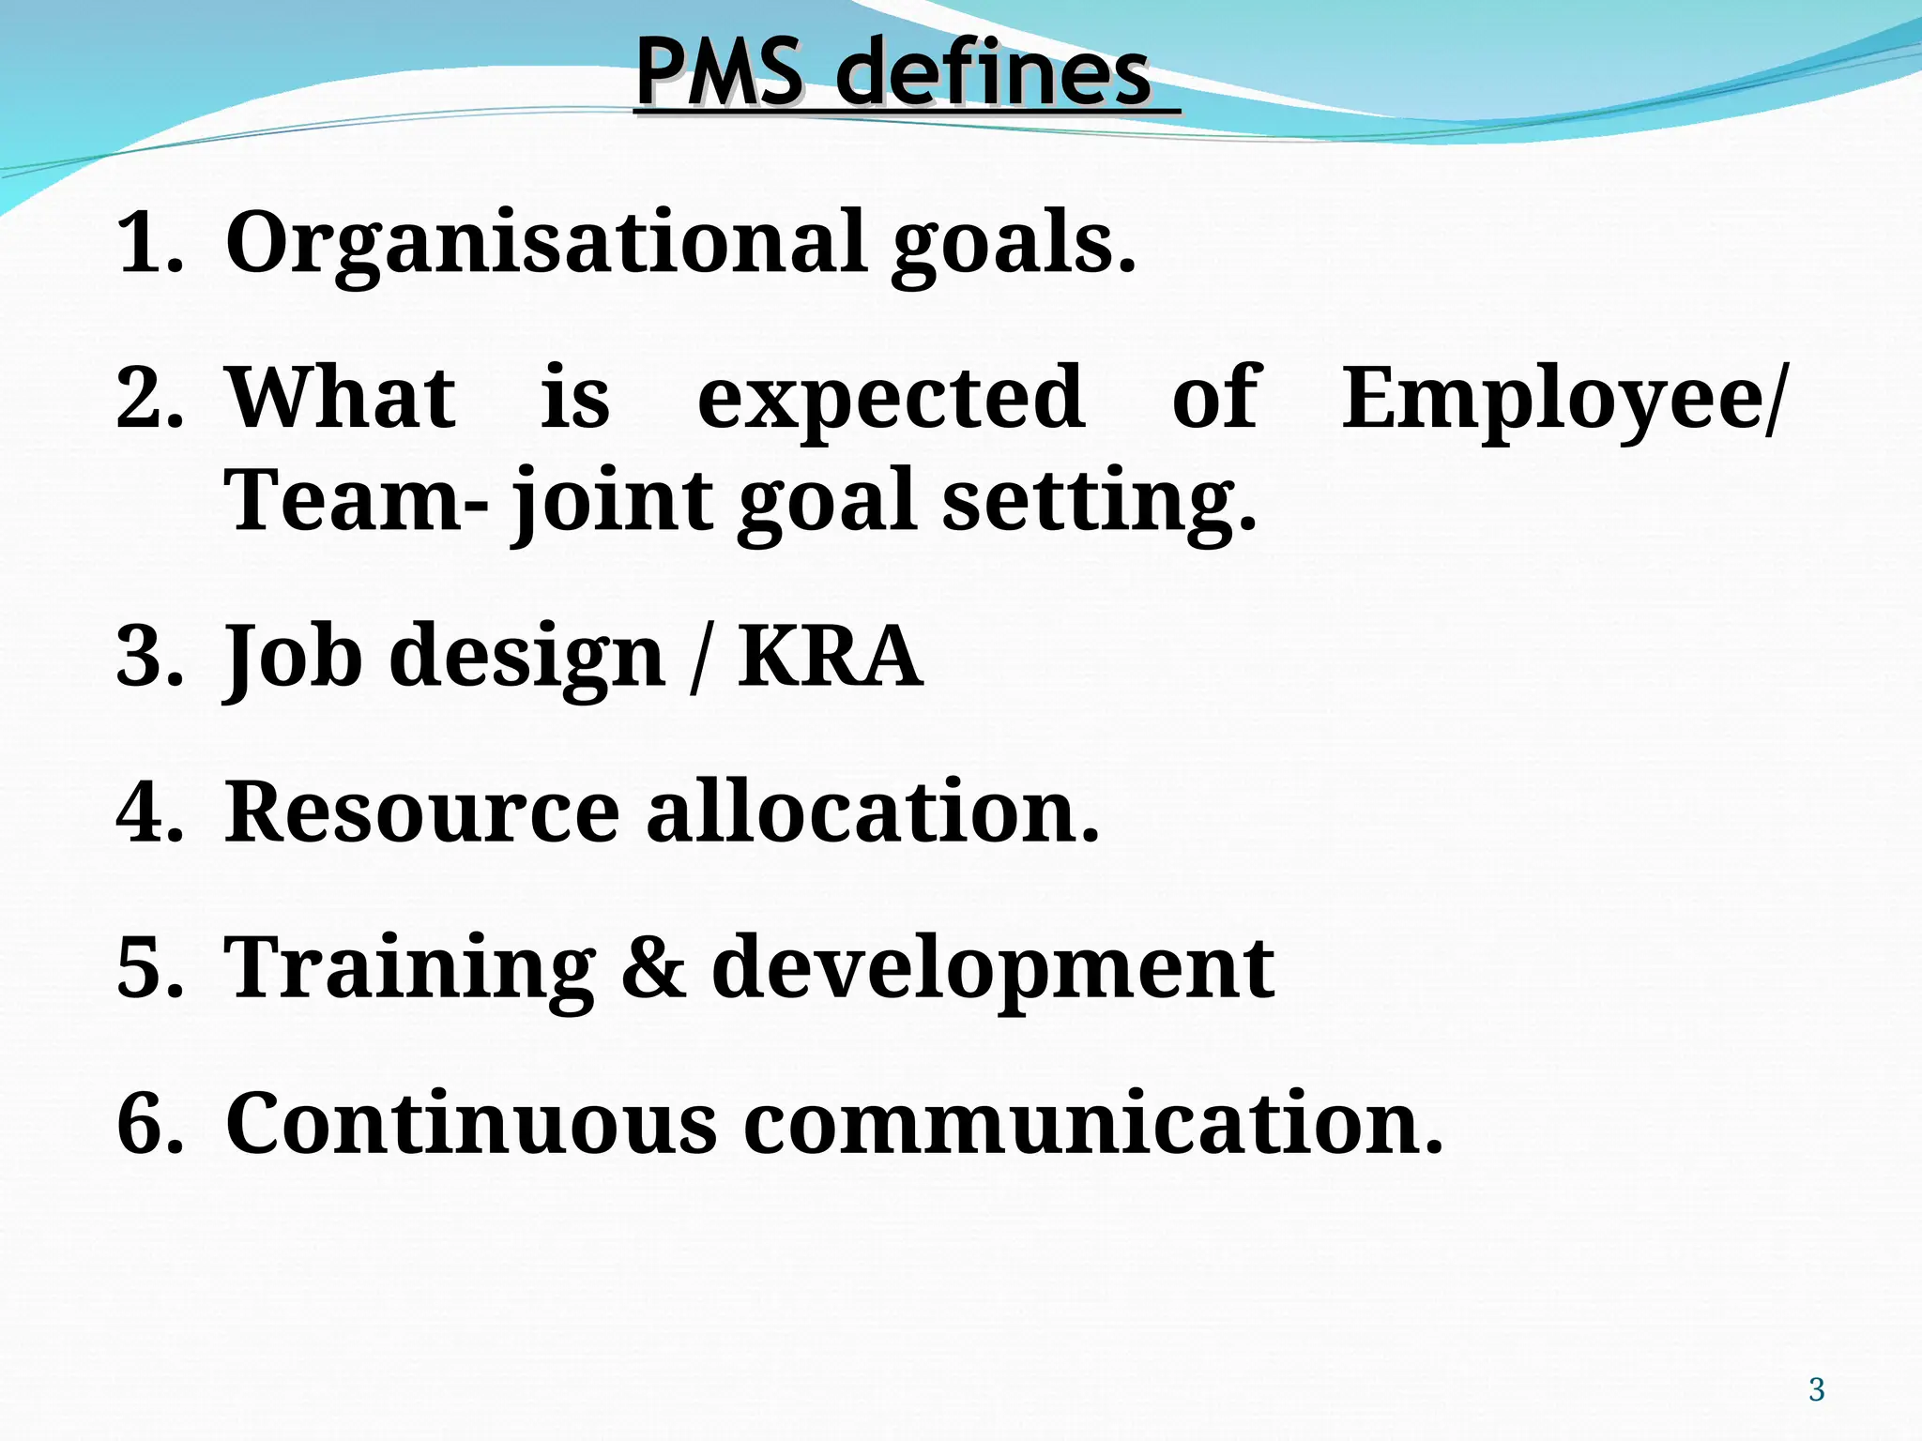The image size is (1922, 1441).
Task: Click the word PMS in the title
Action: (x=720, y=73)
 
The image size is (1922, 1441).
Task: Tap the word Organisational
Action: (x=546, y=242)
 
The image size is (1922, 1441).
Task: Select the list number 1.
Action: (x=149, y=242)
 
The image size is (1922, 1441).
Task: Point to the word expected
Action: (x=891, y=399)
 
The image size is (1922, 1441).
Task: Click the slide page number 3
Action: (x=1816, y=1389)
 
